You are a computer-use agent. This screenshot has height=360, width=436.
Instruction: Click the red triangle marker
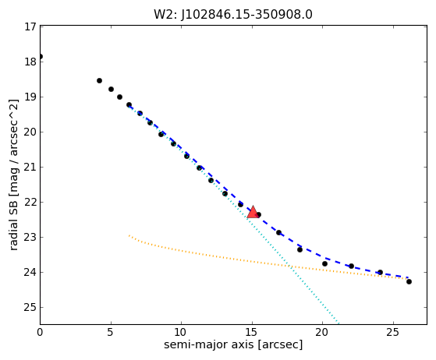pyautogui.click(x=253, y=213)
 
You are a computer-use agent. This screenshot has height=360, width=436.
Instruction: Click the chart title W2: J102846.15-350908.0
pyautogui.click(x=233, y=15)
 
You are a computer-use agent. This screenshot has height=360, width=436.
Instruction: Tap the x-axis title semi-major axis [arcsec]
pyautogui.click(x=233, y=344)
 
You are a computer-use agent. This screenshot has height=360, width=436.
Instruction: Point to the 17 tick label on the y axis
pyautogui.click(x=30, y=27)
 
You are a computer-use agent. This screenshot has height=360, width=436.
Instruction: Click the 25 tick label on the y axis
pyautogui.click(x=30, y=308)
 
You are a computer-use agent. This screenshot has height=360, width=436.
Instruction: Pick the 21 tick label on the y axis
pyautogui.click(x=30, y=168)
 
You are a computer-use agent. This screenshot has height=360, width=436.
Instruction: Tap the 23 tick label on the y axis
pyautogui.click(x=30, y=238)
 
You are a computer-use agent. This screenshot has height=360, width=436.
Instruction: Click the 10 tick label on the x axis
pyautogui.click(x=181, y=332)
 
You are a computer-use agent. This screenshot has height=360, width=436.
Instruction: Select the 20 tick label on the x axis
pyautogui.click(x=322, y=332)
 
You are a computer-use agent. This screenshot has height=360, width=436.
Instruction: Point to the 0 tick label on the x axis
pyautogui.click(x=41, y=332)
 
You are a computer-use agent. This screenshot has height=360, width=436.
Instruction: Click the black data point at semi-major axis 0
pyautogui.click(x=41, y=57)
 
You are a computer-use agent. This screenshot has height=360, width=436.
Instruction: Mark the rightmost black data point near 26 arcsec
pyautogui.click(x=409, y=281)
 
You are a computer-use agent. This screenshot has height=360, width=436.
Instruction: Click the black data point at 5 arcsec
pyautogui.click(x=111, y=89)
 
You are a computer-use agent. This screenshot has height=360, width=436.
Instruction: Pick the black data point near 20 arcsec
pyautogui.click(x=324, y=263)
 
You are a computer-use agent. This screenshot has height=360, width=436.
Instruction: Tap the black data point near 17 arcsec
pyautogui.click(x=279, y=232)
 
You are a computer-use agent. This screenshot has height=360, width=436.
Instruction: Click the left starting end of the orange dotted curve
pyautogui.click(x=129, y=235)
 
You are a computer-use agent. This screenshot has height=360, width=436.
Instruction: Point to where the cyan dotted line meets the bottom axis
pyautogui.click(x=339, y=324)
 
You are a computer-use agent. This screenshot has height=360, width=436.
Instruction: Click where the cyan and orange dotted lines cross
pyautogui.click(x=289, y=266)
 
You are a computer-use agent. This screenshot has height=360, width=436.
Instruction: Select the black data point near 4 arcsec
pyautogui.click(x=99, y=81)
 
